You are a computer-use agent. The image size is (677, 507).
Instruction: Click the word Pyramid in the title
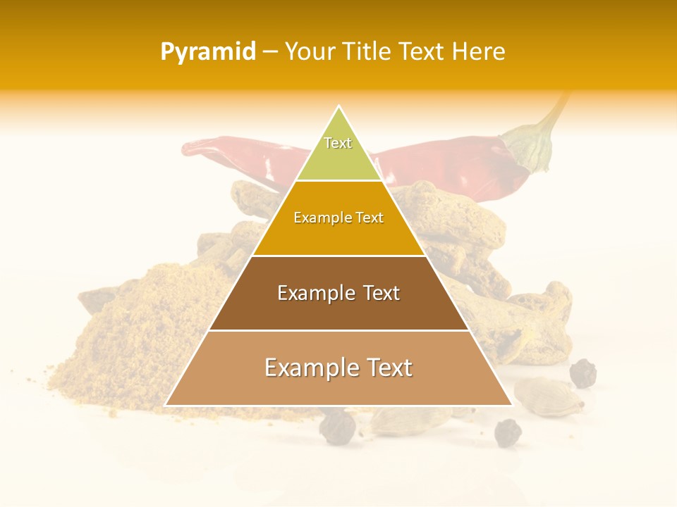point(207,52)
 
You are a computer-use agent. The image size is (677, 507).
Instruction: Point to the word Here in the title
point(480,52)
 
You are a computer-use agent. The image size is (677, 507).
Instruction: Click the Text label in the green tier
point(338,143)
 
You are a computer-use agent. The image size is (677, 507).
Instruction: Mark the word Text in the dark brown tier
point(378,293)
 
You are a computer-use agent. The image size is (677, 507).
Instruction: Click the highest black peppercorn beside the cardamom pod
point(583,373)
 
